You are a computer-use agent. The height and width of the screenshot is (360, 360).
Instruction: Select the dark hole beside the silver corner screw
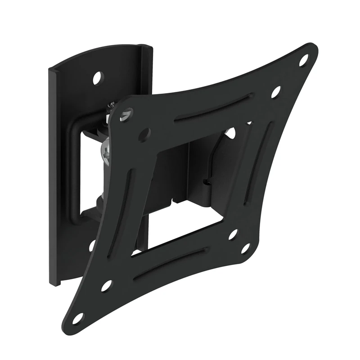(144, 133)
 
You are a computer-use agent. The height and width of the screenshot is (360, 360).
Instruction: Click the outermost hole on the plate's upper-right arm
(304, 60)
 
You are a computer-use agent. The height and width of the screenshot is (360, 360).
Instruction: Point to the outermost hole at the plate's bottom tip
(78, 318)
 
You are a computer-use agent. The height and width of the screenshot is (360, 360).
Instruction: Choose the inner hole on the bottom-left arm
(106, 286)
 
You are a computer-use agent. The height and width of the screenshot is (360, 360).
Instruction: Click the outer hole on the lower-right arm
(246, 248)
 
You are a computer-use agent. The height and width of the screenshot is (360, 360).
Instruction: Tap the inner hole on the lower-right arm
(233, 234)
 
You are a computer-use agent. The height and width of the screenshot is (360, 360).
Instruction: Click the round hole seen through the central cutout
(232, 133)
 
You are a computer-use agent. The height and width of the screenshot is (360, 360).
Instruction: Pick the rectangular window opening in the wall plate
(90, 171)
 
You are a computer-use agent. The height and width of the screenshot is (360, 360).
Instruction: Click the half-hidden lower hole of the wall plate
(92, 246)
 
